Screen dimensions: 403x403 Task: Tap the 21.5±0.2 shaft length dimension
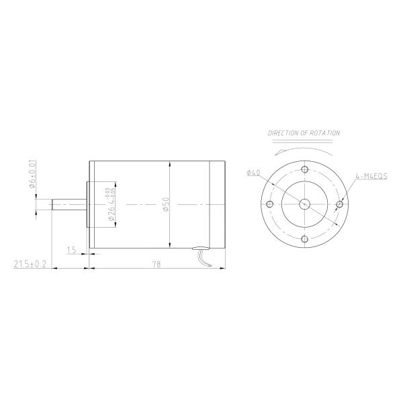tap(30, 264)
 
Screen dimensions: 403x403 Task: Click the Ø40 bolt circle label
tap(253, 173)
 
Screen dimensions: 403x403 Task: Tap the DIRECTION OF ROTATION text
tap(304, 134)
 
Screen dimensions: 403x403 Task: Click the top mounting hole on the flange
tap(304, 169)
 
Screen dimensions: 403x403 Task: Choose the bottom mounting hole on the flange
tap(304, 239)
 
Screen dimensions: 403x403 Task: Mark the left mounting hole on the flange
tap(269, 204)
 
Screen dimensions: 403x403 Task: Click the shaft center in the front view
tap(304, 204)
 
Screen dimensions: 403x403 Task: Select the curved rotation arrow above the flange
tap(304, 149)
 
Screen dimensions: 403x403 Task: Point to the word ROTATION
tap(323, 134)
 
